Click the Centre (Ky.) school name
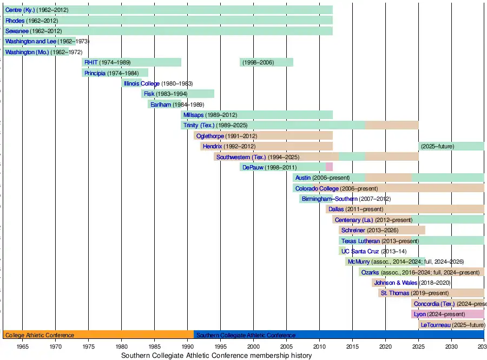point(20,10)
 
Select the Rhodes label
point(15,21)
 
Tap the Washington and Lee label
point(30,41)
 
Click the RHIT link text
point(90,62)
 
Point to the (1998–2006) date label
point(258,62)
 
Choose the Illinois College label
point(142,83)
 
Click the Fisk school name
point(149,94)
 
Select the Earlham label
point(161,104)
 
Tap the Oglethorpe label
point(210,136)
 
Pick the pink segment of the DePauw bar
point(329,167)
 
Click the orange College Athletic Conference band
point(98,335)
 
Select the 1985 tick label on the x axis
point(154,346)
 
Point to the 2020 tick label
point(385,346)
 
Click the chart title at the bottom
point(216,356)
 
